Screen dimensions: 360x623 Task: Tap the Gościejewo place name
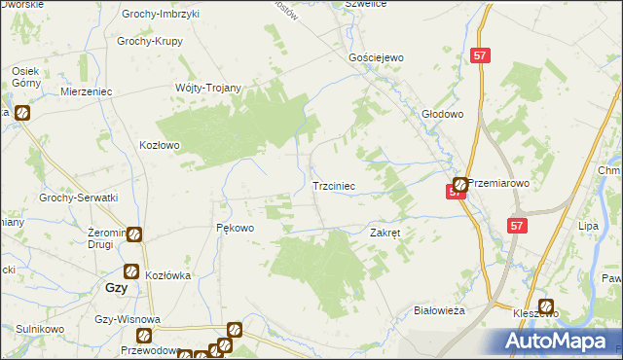[x=376, y=58]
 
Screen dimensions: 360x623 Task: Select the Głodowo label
[x=442, y=113]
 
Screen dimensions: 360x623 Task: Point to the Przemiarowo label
[x=499, y=182]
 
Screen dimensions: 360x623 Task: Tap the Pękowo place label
[x=234, y=228]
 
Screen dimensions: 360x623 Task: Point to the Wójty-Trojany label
[x=208, y=88]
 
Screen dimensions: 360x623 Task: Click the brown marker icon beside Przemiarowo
[x=459, y=183]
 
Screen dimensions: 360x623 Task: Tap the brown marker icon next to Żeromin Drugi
[x=133, y=234]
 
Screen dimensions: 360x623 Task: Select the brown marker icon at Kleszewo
[x=547, y=306]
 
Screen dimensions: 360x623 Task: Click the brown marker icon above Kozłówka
[x=131, y=272]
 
